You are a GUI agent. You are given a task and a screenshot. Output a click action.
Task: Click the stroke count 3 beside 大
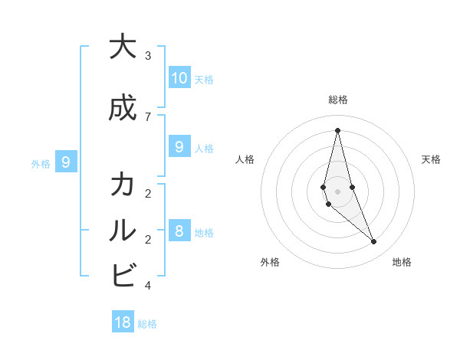coord(148,56)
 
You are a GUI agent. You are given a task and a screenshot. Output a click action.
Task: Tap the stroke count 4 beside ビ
coord(148,286)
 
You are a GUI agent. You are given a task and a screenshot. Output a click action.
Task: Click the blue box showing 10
coord(179,78)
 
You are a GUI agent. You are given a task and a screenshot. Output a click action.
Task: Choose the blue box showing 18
coord(123,322)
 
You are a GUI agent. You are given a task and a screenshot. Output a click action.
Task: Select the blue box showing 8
coord(179,231)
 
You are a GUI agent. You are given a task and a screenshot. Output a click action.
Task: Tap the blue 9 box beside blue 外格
coord(67,162)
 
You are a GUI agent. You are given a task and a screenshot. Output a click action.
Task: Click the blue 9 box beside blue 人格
coord(179,147)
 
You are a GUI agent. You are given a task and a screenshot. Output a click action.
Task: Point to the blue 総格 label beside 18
coord(147,324)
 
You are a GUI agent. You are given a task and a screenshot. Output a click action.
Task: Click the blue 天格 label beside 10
coord(204,79)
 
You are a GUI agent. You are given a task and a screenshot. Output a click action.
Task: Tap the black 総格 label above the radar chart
coord(337,100)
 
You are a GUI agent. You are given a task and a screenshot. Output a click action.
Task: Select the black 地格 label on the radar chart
coord(402,262)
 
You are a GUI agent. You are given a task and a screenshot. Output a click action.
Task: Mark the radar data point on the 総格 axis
coord(337,130)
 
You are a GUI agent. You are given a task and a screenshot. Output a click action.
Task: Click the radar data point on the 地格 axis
coord(374,242)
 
